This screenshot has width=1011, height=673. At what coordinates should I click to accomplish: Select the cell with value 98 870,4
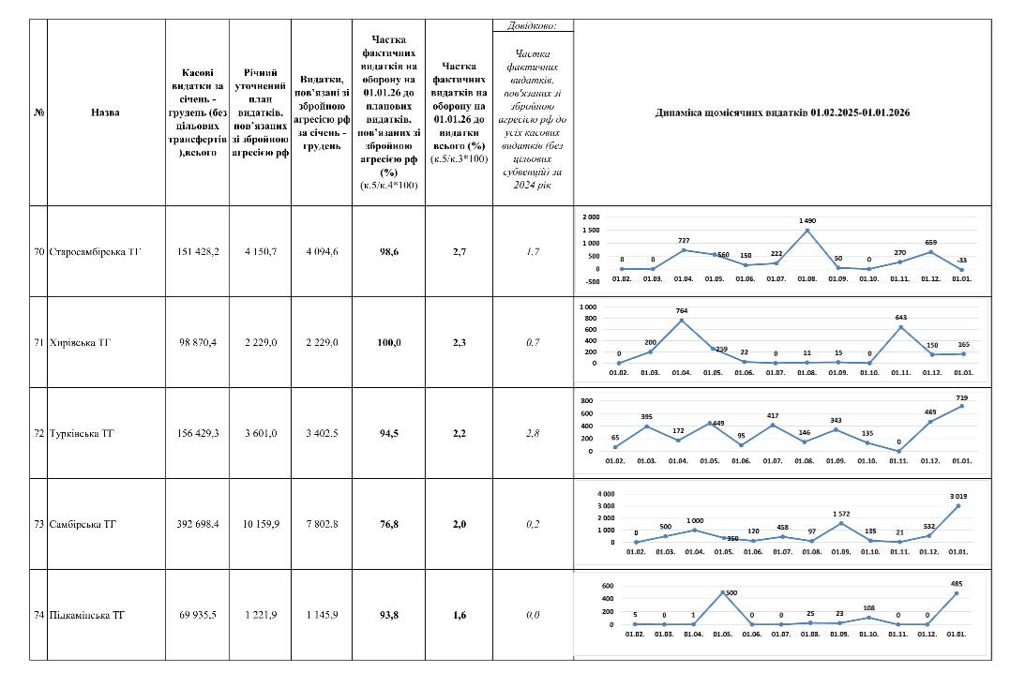(197, 343)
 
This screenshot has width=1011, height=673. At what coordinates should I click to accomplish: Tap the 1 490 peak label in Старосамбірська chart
(807, 220)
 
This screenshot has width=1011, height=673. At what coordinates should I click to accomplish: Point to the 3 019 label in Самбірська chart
(960, 495)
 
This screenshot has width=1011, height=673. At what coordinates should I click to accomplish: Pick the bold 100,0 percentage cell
(389, 343)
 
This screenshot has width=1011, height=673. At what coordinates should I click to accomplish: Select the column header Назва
(105, 112)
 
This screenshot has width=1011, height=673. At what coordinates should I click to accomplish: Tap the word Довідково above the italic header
(532, 25)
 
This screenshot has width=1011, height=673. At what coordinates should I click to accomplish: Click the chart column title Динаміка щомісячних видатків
(784, 112)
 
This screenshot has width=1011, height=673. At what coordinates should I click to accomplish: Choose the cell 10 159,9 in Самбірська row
(260, 524)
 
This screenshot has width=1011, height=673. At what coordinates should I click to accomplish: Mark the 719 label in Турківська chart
(960, 398)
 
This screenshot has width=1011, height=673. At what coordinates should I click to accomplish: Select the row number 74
(38, 616)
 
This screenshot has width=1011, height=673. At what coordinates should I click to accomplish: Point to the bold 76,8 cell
(388, 524)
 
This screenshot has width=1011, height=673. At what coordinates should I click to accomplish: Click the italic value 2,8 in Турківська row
(532, 434)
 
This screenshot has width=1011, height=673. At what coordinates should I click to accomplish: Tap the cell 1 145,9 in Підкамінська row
(321, 616)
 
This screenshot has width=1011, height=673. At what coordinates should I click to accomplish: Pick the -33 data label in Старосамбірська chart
(960, 261)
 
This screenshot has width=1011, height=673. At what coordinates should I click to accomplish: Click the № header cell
(38, 112)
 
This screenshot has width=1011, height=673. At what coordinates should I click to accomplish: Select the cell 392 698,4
(197, 524)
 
